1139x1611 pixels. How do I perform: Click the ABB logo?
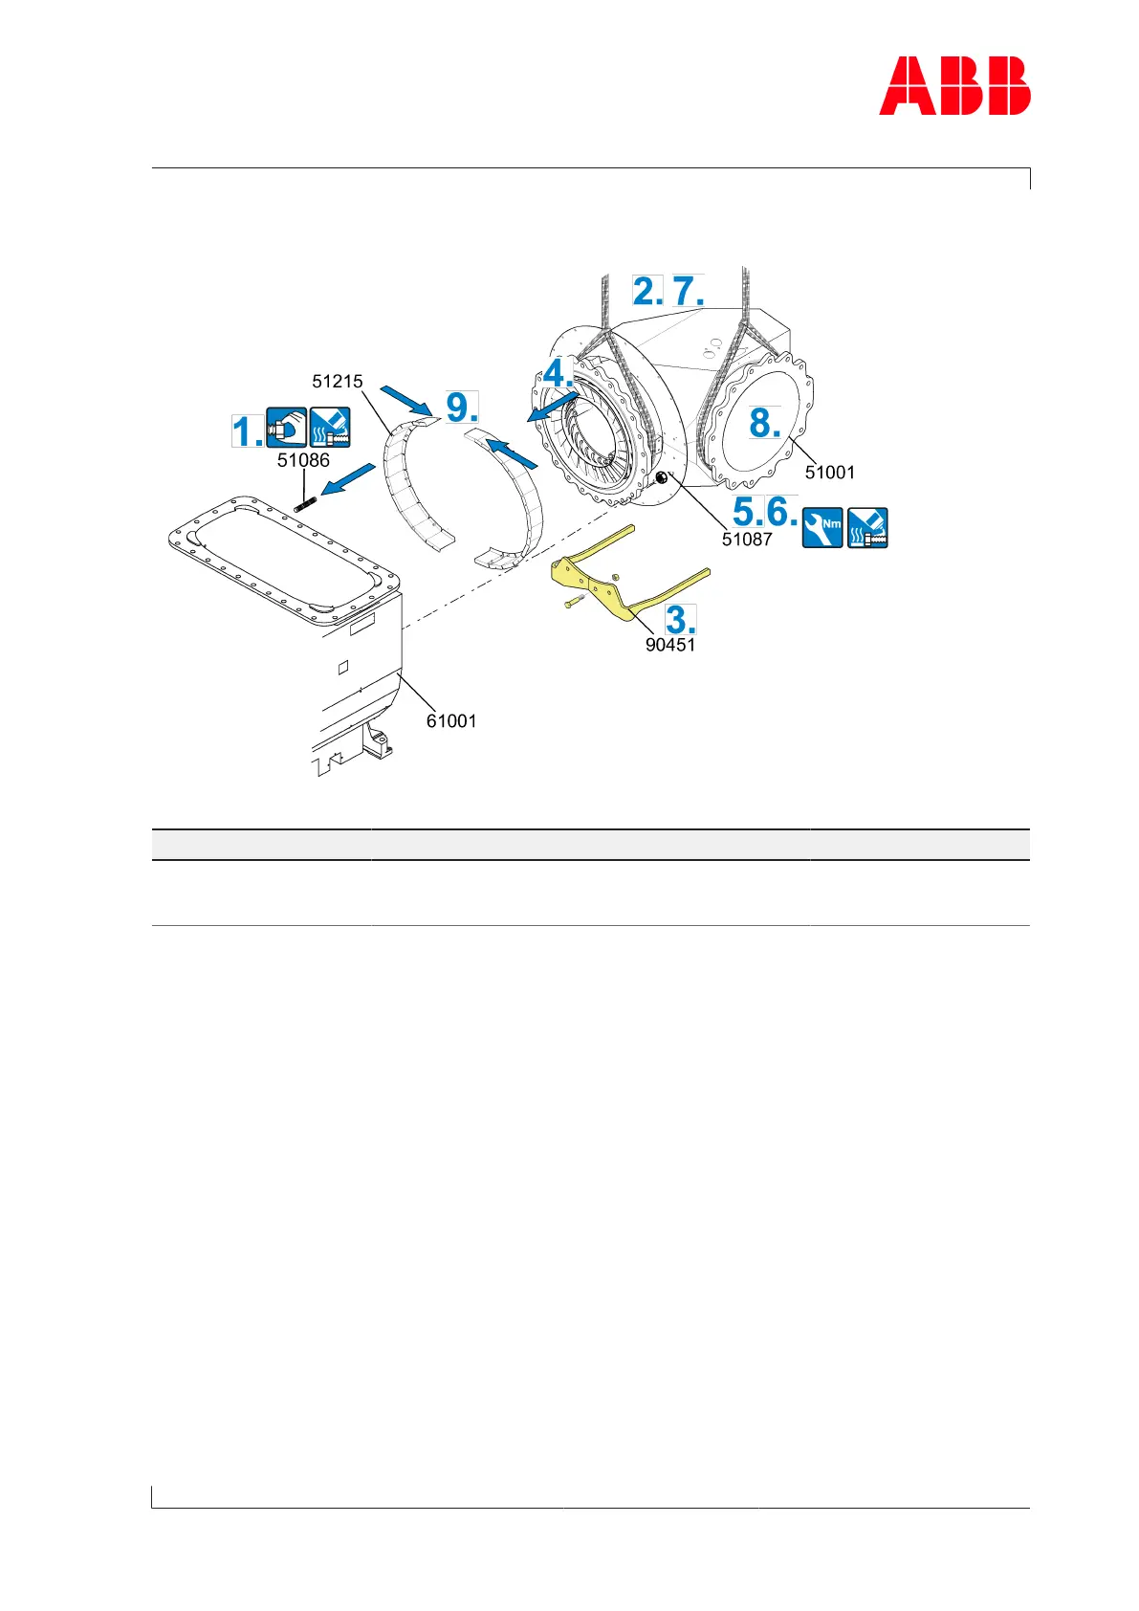tap(954, 86)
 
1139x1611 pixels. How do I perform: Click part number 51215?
tap(338, 382)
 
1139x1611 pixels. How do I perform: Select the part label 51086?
tap(303, 460)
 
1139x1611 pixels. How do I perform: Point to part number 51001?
tap(830, 473)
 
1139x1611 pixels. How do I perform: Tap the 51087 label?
tap(747, 540)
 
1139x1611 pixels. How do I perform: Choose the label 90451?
tap(670, 645)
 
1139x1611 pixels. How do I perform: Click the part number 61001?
tap(451, 721)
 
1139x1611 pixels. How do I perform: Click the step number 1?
tap(246, 431)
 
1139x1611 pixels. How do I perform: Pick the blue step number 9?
tap(462, 408)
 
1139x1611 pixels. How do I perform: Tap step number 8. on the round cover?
tap(764, 422)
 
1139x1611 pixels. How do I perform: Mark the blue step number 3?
tap(680, 619)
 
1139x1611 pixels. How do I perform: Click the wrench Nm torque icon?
tap(821, 527)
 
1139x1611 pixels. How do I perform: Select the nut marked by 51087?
tap(660, 477)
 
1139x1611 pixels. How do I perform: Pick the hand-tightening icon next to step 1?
tap(286, 428)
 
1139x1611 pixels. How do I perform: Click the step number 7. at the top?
tap(688, 291)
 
